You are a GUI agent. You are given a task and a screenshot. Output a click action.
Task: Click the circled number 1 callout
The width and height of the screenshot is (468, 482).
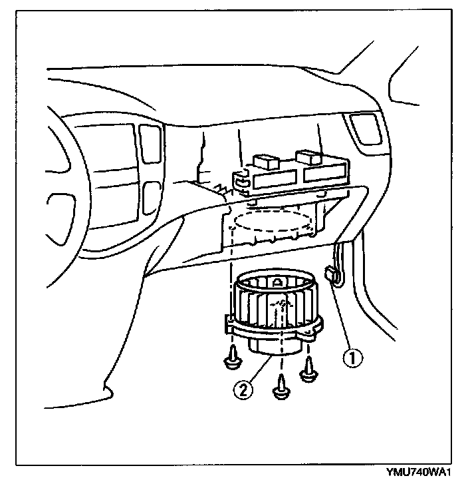pos(354,358)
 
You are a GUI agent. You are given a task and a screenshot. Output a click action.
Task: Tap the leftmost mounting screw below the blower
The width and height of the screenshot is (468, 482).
pos(233,358)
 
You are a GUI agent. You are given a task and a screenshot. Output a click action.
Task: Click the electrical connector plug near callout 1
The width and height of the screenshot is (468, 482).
pos(330,274)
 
